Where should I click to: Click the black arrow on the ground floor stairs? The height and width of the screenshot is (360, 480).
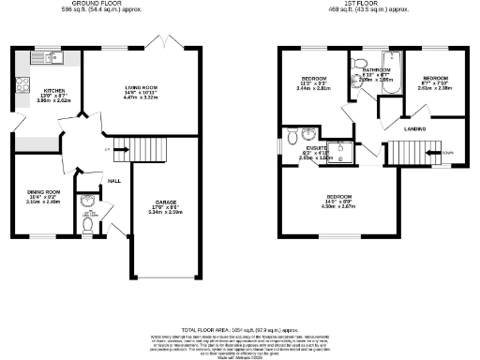click(x=109, y=149)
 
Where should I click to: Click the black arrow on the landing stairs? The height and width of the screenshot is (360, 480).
click(x=432, y=151)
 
